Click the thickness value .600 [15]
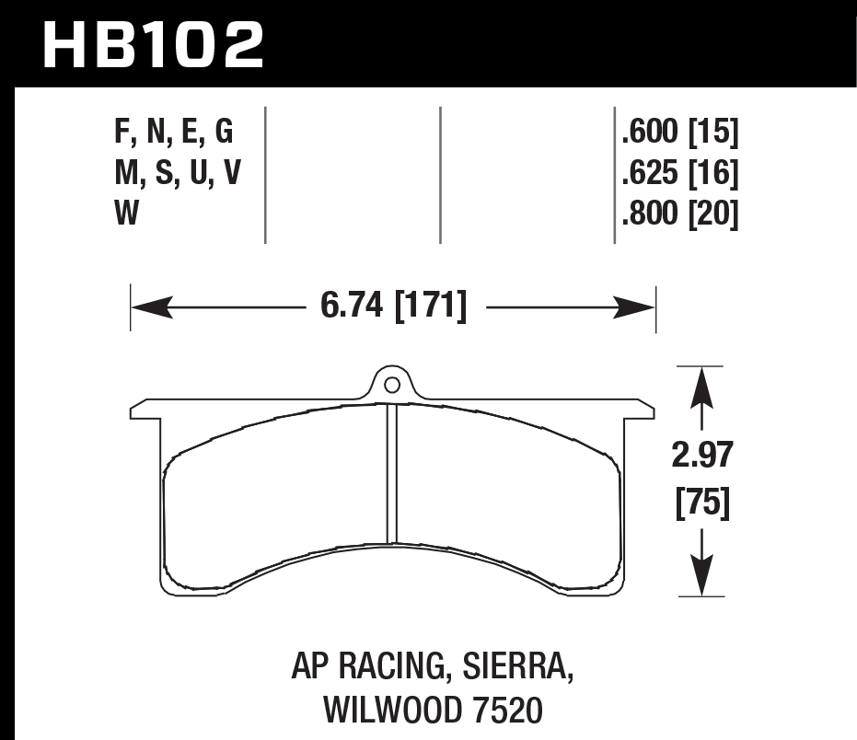pos(680,134)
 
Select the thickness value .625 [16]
pos(680,172)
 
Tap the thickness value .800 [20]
pos(680,214)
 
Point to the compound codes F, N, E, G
pos(173,134)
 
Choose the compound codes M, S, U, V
pos(178,172)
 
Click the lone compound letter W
pos(126,214)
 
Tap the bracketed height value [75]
pos(703,504)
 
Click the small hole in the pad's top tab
pos(390,385)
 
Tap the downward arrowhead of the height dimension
pos(703,577)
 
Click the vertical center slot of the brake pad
pos(390,474)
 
